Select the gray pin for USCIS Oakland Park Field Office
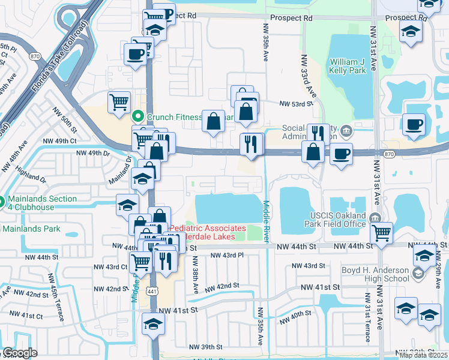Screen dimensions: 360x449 375,217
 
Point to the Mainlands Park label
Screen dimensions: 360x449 30,228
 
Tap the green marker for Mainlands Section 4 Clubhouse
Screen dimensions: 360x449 2,203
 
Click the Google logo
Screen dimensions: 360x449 20,353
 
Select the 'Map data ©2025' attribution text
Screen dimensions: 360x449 423,355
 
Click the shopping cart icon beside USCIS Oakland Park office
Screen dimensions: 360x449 381,232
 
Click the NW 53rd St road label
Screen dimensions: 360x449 297,103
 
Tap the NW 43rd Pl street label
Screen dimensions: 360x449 231,256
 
